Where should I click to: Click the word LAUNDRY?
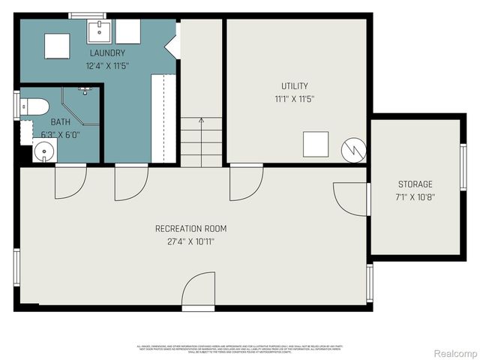pyautogui.click(x=107, y=53)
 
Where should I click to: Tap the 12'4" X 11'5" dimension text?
pyautogui.click(x=107, y=65)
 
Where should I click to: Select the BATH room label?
pyautogui.click(x=60, y=121)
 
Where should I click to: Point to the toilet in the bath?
pyautogui.click(x=34, y=106)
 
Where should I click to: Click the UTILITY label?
pyautogui.click(x=295, y=86)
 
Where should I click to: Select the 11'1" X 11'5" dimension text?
pyautogui.click(x=295, y=98)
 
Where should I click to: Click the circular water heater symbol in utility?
pyautogui.click(x=352, y=148)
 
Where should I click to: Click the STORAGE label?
pyautogui.click(x=415, y=184)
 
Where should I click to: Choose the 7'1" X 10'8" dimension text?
pyautogui.click(x=415, y=196)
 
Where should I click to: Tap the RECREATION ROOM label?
pyautogui.click(x=190, y=229)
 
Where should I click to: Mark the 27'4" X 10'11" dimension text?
pyautogui.click(x=190, y=241)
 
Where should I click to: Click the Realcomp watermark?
pyautogui.click(x=457, y=353)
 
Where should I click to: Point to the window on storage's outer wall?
pyautogui.click(x=463, y=166)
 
